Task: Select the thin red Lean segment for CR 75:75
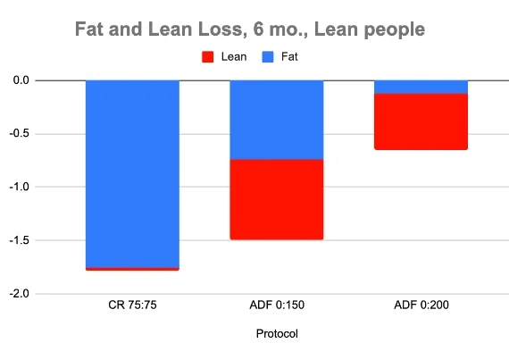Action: (x=132, y=268)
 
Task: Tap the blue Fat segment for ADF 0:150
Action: (x=277, y=120)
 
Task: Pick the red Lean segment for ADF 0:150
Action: (x=277, y=199)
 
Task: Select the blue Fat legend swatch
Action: (x=268, y=56)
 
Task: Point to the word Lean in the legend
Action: (x=233, y=56)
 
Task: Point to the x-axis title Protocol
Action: (x=277, y=334)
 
